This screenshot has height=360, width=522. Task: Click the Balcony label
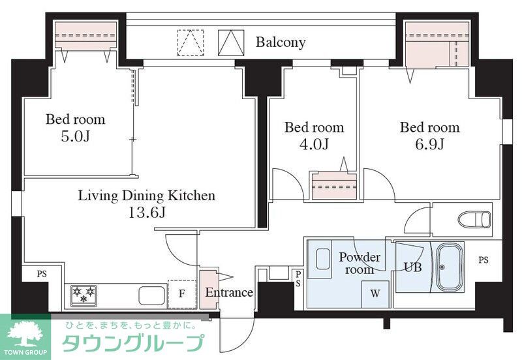(280, 42)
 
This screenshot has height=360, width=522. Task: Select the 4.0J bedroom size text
(314, 144)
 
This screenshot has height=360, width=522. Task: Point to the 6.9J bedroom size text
(429, 144)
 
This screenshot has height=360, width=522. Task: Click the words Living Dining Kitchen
(146, 195)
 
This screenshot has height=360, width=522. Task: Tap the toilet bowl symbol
(474, 218)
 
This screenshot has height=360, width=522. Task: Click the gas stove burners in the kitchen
(83, 295)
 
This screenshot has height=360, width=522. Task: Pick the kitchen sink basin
(152, 295)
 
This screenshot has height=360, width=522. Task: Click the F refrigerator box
(181, 294)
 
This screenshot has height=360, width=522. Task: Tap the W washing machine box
(375, 293)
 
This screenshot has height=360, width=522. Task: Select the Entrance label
(229, 292)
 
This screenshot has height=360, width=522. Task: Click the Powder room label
(359, 263)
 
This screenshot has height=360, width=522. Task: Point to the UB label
(412, 267)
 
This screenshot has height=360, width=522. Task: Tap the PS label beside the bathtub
(483, 260)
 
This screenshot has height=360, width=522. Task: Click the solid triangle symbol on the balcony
(230, 42)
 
